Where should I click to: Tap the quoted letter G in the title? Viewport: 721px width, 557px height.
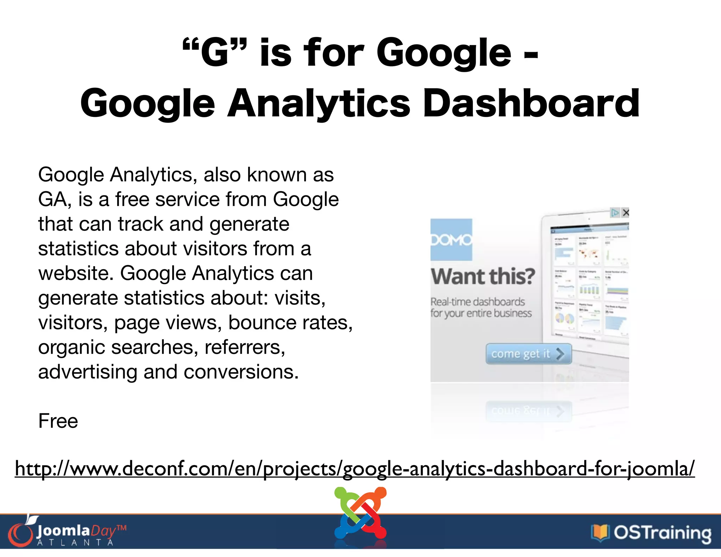point(214,53)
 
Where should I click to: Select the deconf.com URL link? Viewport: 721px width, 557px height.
point(355,468)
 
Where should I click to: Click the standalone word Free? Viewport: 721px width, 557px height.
point(58,421)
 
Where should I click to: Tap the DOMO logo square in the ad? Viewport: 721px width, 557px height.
point(451,239)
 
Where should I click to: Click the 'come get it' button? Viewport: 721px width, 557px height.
point(528,353)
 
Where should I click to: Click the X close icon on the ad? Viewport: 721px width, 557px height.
point(625,213)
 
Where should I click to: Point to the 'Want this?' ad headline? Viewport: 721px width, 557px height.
point(483,276)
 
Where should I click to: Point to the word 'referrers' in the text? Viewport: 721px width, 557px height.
point(244,347)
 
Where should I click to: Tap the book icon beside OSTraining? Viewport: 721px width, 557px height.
point(600,533)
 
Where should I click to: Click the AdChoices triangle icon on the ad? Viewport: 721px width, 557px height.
point(615,213)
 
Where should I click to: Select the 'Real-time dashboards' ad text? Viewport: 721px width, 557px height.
point(477,302)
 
